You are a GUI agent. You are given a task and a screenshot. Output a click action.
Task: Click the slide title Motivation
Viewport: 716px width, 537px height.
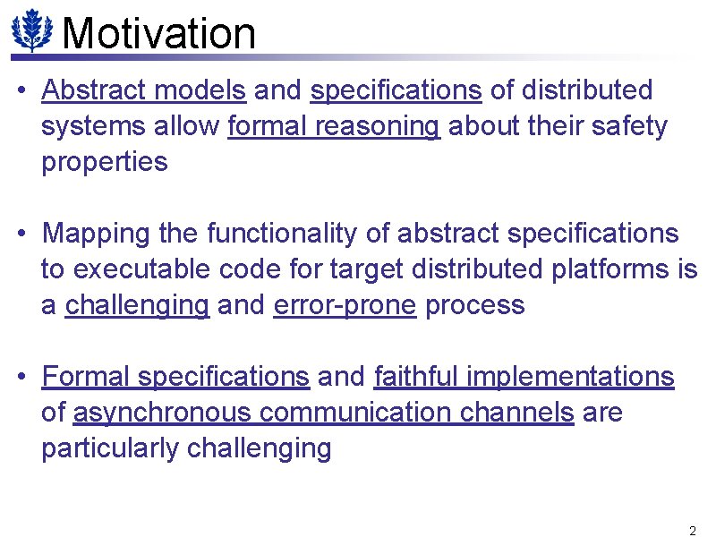160,33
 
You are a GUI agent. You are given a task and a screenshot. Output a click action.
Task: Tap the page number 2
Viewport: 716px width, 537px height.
692,530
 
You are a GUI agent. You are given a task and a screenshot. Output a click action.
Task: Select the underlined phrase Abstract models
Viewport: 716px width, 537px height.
143,90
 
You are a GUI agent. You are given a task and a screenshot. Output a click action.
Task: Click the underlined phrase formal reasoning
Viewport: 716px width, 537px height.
334,127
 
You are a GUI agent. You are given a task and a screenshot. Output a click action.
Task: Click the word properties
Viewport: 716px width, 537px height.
105,163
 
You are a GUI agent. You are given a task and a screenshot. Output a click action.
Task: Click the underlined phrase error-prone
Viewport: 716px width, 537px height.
345,305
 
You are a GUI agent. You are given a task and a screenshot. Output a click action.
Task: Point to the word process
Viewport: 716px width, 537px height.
474,305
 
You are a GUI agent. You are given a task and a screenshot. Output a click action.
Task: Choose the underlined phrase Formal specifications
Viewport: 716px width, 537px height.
175,377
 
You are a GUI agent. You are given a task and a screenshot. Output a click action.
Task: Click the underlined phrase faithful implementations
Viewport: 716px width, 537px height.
524,377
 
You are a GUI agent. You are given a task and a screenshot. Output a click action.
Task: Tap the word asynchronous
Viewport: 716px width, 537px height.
163,413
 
